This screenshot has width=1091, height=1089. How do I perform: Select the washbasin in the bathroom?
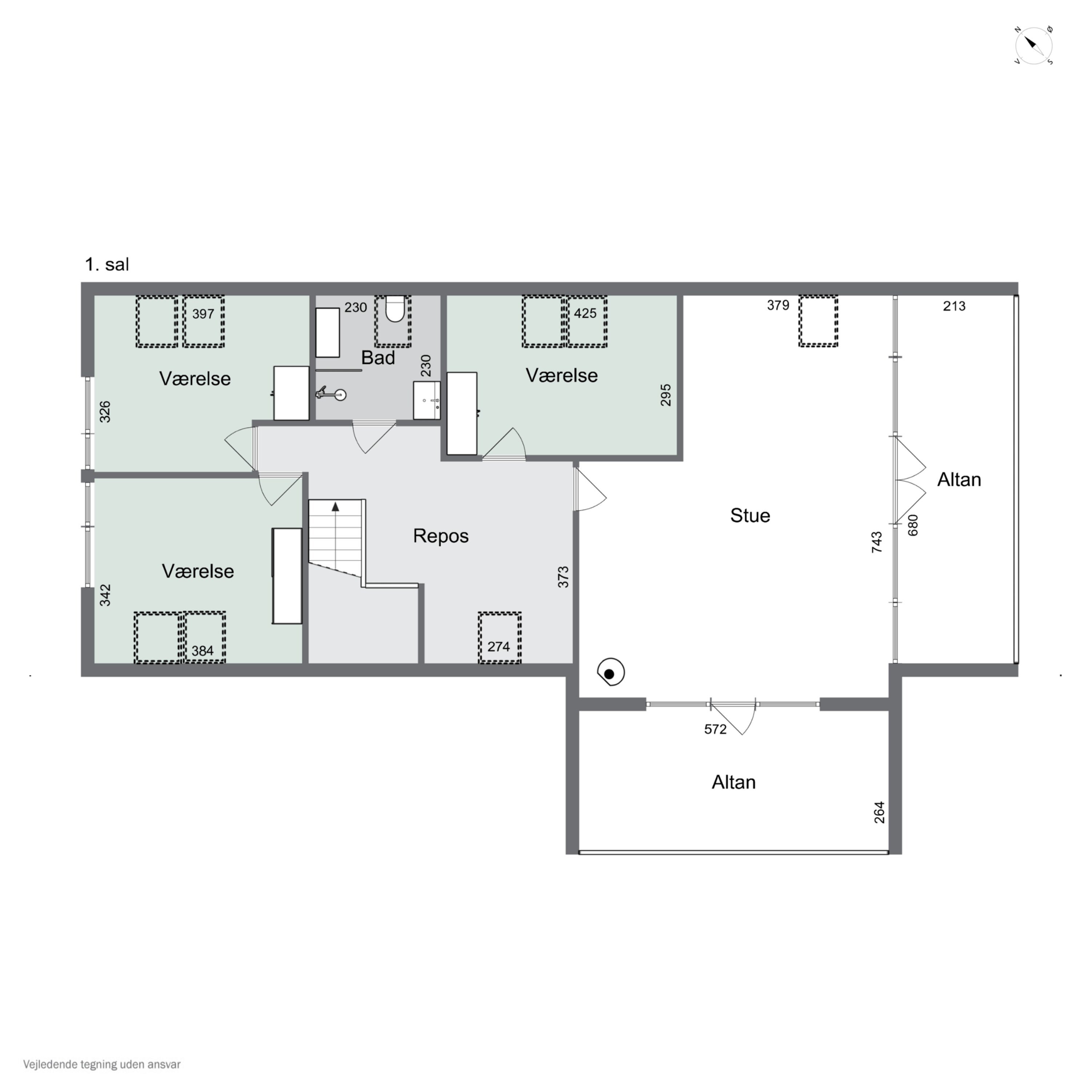point(427,401)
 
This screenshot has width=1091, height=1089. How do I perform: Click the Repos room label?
point(440,536)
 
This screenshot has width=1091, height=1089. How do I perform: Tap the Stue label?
point(750,515)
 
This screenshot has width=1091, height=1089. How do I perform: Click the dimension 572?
point(715,730)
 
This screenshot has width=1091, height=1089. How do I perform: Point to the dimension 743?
point(876,542)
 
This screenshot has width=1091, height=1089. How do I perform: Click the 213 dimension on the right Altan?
point(954,306)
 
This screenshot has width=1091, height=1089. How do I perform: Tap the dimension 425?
point(585,313)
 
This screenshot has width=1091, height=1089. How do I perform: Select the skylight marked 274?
point(499,638)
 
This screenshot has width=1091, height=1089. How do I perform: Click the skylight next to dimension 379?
point(818,321)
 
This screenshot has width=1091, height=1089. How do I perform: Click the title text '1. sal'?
point(107,264)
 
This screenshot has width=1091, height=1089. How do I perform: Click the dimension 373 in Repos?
point(563,577)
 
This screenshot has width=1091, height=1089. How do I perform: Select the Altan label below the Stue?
point(733,782)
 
